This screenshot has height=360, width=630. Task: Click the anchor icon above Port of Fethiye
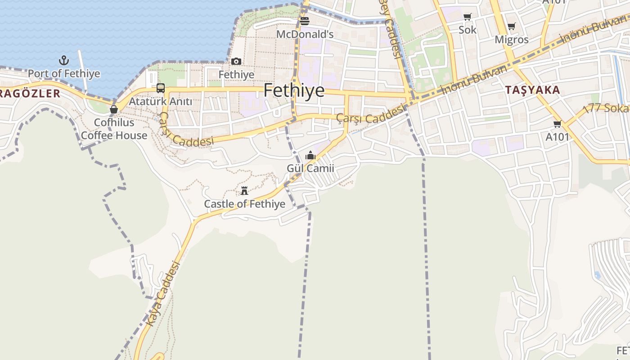point(64,60)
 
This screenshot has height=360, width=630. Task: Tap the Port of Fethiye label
point(64,73)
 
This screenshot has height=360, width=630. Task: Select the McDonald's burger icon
point(305,21)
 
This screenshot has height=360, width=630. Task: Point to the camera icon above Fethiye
point(236,61)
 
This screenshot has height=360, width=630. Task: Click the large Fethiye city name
point(294,90)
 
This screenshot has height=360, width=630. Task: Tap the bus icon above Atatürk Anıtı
point(161,88)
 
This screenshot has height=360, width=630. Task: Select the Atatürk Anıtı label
point(161,102)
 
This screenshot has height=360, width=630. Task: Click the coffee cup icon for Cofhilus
point(114,109)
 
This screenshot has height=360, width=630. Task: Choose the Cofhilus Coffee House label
point(114,129)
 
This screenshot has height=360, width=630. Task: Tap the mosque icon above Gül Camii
point(310,156)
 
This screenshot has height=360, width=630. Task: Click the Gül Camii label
point(310,168)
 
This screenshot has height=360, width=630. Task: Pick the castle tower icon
point(244,191)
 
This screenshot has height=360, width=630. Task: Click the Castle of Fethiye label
point(244,204)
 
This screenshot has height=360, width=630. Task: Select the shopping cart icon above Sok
point(468,17)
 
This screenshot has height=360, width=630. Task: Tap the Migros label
point(512,40)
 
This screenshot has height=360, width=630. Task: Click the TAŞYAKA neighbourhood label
point(532,90)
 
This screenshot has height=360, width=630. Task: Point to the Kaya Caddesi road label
point(163,293)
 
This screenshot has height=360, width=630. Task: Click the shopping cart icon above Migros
point(511,27)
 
